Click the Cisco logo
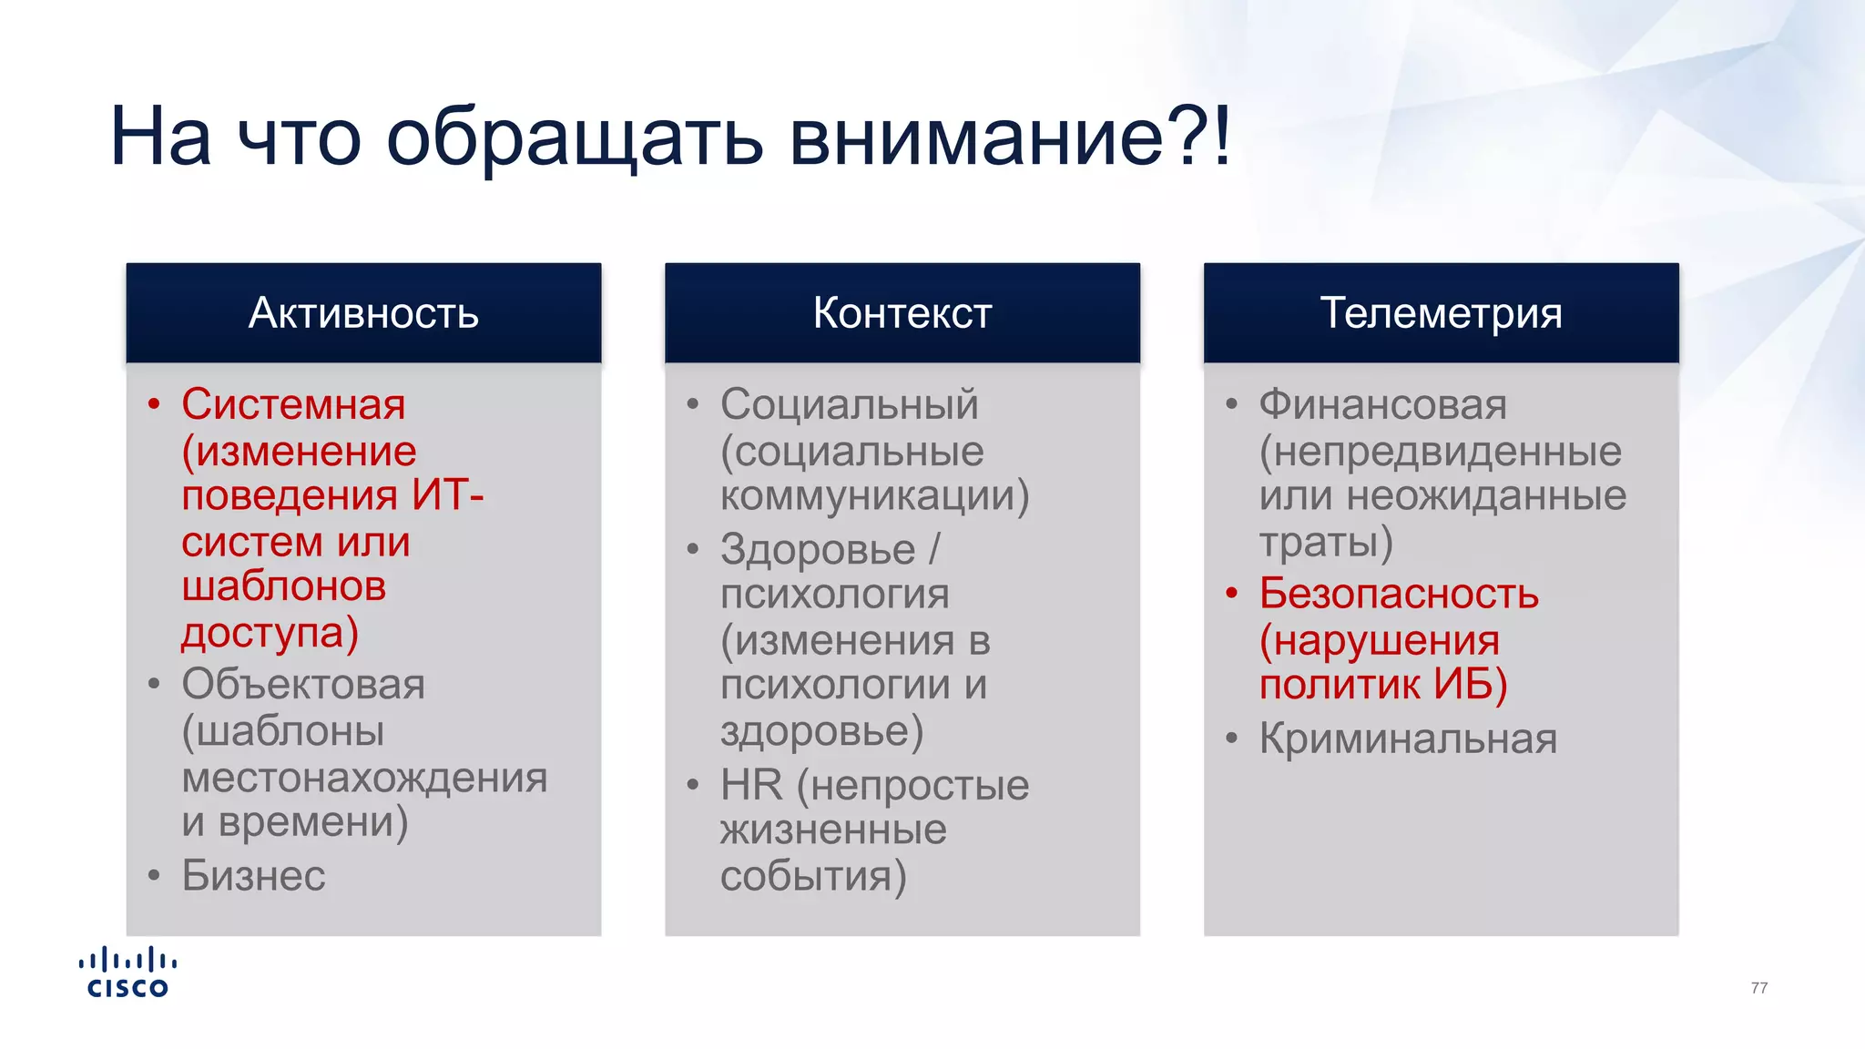coord(127,973)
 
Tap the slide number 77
coord(1758,988)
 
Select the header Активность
coord(363,313)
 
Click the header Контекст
coord(902,313)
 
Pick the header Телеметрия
coord(1441,313)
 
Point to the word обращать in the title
coord(574,137)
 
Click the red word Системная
coord(293,404)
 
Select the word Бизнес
coord(253,876)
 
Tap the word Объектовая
coord(303,685)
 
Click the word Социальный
coord(849,404)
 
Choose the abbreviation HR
coord(751,785)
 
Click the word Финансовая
coord(1382,404)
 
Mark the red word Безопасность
coord(1399,595)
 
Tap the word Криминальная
coord(1408,738)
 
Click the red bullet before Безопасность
coord(1231,595)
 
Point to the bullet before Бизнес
coord(154,876)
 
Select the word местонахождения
coord(364,778)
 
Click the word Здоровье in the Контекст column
coord(817,549)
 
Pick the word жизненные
coord(833,830)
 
